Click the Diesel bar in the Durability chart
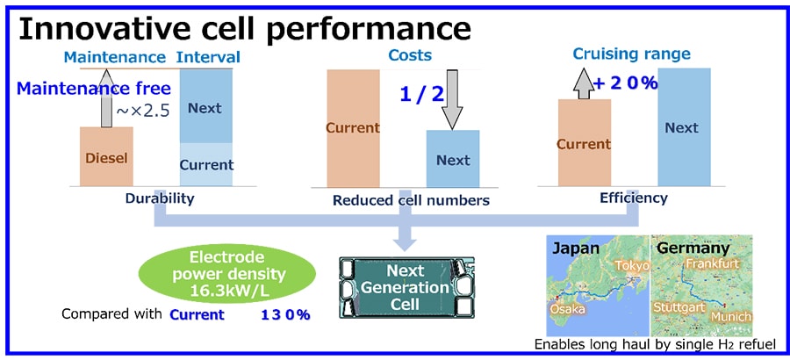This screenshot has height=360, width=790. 106,156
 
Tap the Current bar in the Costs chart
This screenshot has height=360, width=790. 352,127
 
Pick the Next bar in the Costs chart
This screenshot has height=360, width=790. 453,158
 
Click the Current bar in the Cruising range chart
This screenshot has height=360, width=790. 584,142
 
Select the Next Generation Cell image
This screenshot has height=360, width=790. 406,285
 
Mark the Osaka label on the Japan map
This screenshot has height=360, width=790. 567,309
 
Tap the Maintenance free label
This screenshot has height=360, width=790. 91,89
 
